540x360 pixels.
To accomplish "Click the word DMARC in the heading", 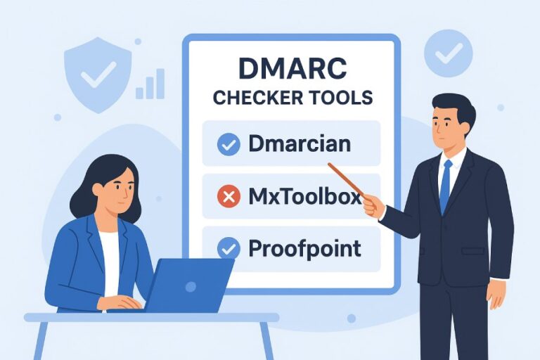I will point(292,70).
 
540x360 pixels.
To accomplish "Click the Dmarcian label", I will point(300,144).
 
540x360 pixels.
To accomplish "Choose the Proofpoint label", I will point(304,248).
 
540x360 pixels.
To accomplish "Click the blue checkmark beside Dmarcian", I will point(229,145).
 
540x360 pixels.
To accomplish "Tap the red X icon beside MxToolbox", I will point(229,197).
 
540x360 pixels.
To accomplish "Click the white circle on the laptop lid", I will point(193,283).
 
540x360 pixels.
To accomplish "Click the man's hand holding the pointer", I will point(373,206).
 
